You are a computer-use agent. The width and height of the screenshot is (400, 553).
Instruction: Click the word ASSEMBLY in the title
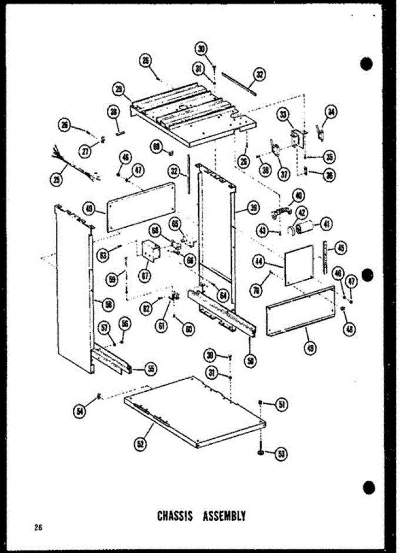coord(224,516)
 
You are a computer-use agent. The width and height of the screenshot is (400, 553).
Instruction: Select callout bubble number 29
coord(120,89)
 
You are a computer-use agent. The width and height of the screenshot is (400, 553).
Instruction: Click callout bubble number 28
coord(113,111)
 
